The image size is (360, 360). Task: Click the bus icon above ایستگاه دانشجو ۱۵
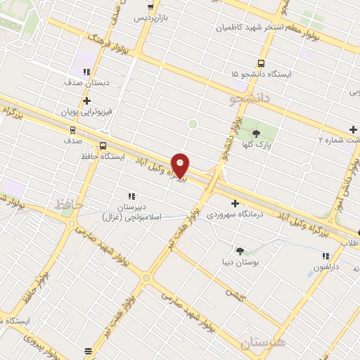[262, 63]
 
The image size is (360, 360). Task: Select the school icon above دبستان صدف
[86, 72]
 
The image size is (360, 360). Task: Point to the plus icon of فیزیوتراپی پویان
[86, 101]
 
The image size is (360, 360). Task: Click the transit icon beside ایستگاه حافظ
[104, 146]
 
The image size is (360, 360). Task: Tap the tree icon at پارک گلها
[255, 134]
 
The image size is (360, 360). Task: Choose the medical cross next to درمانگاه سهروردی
[235, 203]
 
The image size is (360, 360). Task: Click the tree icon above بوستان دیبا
[240, 250]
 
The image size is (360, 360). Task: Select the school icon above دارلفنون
[326, 257]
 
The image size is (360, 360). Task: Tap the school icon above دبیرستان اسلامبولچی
[131, 197]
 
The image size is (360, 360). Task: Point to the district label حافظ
[69, 204]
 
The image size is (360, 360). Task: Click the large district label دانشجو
[250, 99]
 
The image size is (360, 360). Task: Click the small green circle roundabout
[192, 124]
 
